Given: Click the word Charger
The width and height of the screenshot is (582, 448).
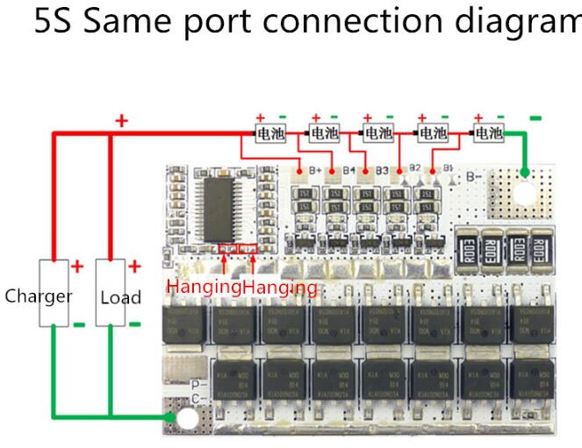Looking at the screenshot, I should [38, 295].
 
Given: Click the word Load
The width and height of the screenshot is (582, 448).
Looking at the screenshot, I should [120, 297].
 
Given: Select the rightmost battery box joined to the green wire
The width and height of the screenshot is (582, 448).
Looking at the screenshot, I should [487, 133].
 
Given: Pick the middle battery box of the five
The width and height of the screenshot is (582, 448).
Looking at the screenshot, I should [378, 133].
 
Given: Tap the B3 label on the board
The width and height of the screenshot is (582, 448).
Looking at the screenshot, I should [382, 169].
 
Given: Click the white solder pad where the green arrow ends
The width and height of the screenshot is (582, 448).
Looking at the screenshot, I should [184, 421].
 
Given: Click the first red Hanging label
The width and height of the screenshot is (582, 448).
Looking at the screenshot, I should [205, 287].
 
